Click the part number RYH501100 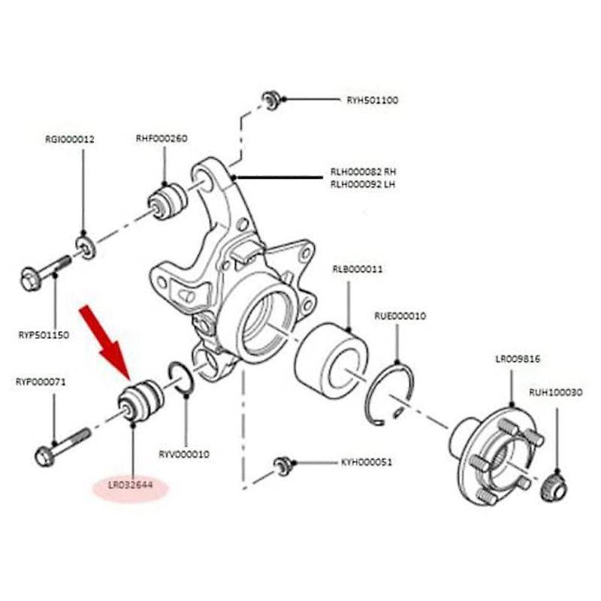[373, 100]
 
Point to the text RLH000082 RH [363, 172]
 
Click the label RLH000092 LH [362, 183]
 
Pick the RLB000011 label [358, 268]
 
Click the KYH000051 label [366, 463]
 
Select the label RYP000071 [41, 382]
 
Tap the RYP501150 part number [43, 334]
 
